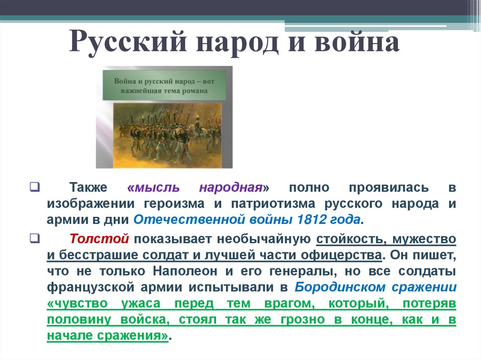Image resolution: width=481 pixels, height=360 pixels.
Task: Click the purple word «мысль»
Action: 153,188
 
